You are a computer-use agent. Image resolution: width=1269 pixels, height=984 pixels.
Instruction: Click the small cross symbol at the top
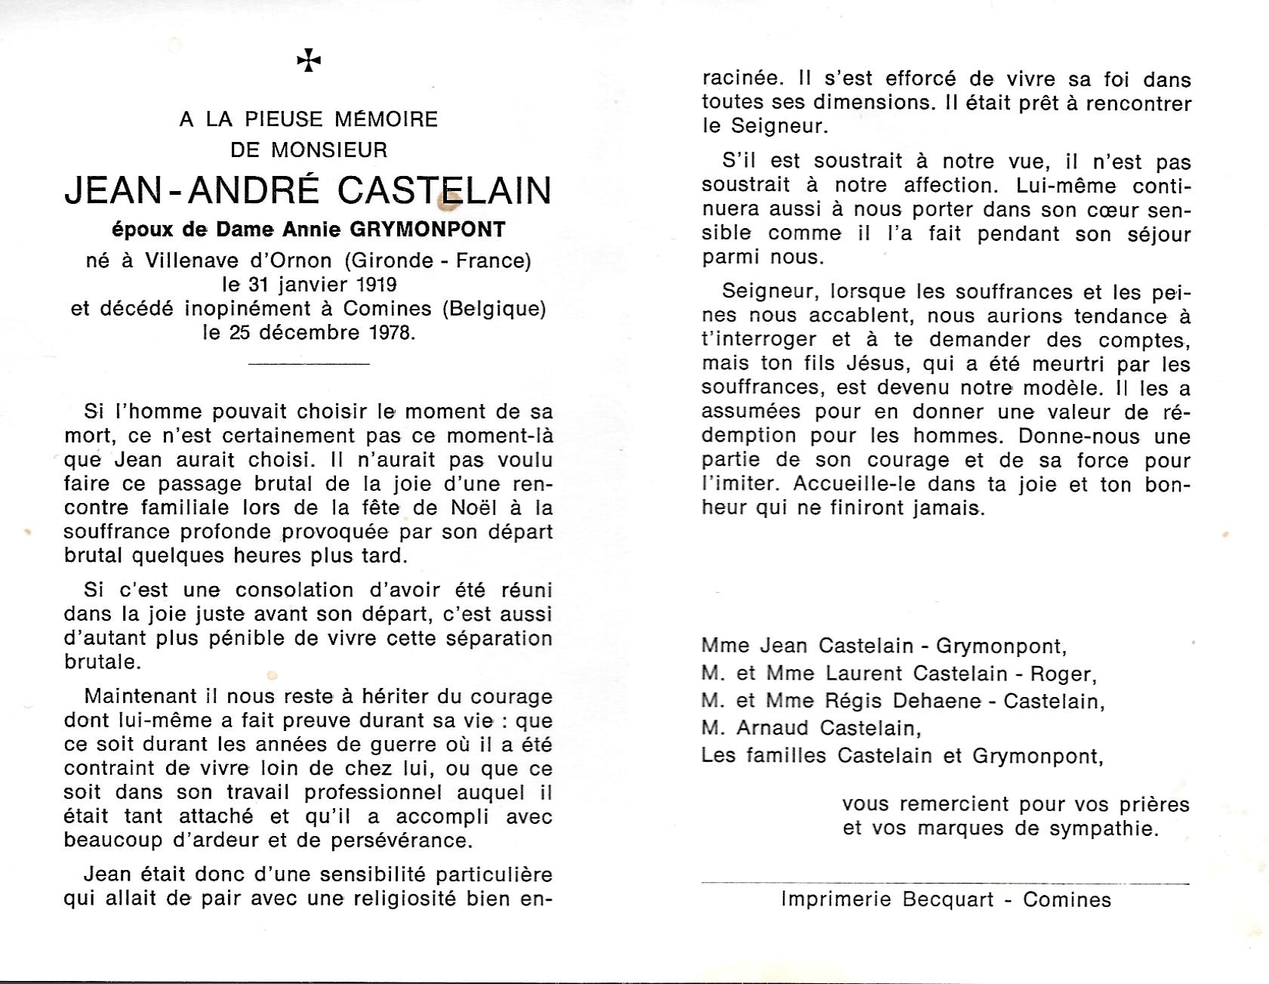coord(309,61)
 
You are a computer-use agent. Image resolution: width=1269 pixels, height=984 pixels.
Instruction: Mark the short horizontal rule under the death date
coord(308,364)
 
